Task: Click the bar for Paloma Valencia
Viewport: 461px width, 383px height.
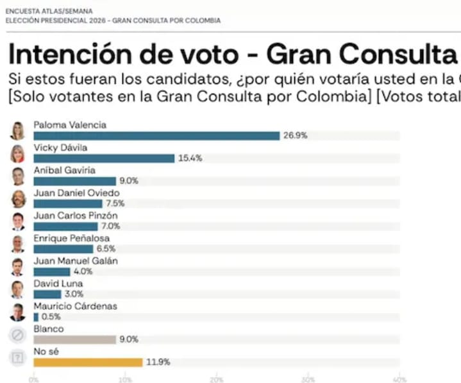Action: coord(156,135)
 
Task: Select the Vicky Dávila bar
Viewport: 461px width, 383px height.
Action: coord(104,158)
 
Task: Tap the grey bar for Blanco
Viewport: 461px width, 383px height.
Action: coord(74,339)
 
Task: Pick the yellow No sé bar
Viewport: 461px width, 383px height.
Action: coord(88,362)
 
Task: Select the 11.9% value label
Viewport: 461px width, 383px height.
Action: coord(158,362)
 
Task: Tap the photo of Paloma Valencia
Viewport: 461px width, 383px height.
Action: coord(17,131)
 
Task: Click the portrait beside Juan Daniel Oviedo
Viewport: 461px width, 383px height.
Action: coord(18,199)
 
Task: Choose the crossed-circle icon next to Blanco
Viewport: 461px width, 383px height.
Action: coord(17,335)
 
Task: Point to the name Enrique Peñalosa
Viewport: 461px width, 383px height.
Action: coord(71,238)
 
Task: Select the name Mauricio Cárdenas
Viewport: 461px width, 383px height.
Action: coord(75,306)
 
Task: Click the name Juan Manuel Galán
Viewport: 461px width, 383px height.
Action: coord(75,260)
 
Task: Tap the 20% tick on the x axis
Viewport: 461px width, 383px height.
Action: coord(217,378)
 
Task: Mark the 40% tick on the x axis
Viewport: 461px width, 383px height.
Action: coord(399,378)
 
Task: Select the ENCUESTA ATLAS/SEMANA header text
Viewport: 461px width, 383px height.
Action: coord(49,11)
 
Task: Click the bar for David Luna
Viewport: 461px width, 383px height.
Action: coord(47,294)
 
